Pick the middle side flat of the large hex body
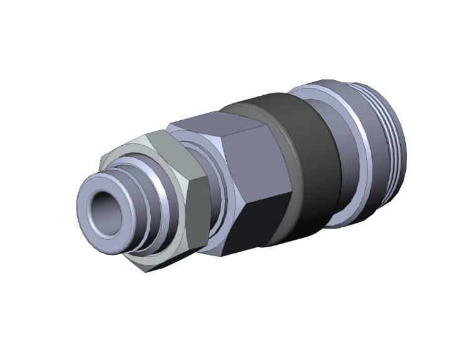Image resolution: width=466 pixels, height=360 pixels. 257,164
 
